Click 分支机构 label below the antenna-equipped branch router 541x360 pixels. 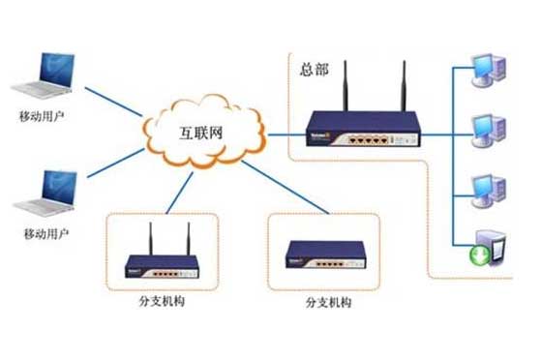click(162, 301)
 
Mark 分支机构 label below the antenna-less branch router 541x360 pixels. click(329, 302)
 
